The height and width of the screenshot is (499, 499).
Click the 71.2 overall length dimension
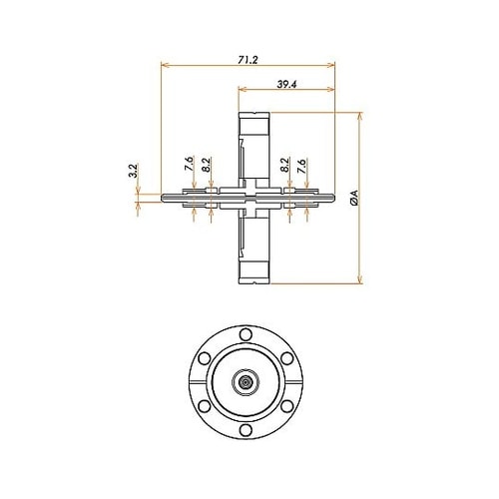point(248,60)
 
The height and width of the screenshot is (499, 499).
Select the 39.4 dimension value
point(286,85)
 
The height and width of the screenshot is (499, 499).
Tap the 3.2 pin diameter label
point(134,171)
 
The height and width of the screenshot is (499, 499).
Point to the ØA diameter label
point(354,198)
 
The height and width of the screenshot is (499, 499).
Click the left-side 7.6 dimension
point(189,164)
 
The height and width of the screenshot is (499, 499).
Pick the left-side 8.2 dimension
point(206,165)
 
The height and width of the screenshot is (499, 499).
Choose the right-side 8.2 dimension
point(284,165)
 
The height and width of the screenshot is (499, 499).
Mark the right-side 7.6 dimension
point(301,166)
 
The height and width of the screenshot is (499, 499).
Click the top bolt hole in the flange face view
point(246,334)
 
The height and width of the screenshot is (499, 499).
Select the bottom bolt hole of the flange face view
point(246,430)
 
